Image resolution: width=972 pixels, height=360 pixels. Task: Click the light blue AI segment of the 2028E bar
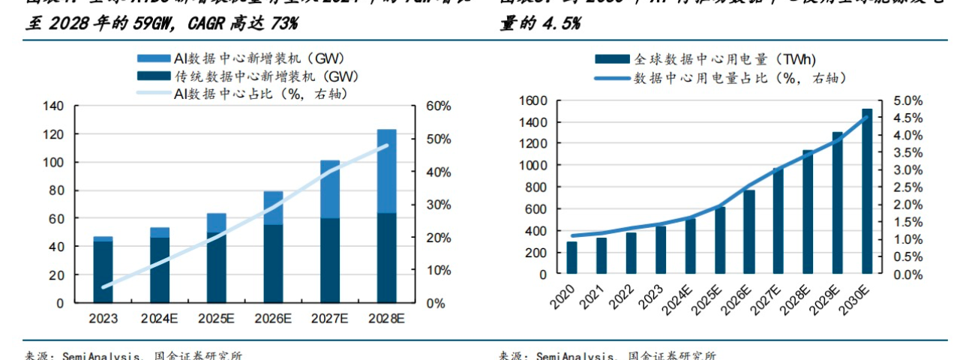(386, 171)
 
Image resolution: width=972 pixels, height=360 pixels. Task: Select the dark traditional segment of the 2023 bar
(103, 271)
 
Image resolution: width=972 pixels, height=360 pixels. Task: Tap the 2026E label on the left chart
(273, 318)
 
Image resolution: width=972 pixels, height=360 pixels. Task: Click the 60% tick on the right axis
(438, 106)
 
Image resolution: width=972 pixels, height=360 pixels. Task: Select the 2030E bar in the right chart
(867, 191)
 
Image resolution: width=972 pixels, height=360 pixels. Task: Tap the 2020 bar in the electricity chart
(572, 257)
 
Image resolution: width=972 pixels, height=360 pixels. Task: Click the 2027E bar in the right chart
(778, 221)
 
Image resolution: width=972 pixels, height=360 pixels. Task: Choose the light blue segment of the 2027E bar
(329, 189)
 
